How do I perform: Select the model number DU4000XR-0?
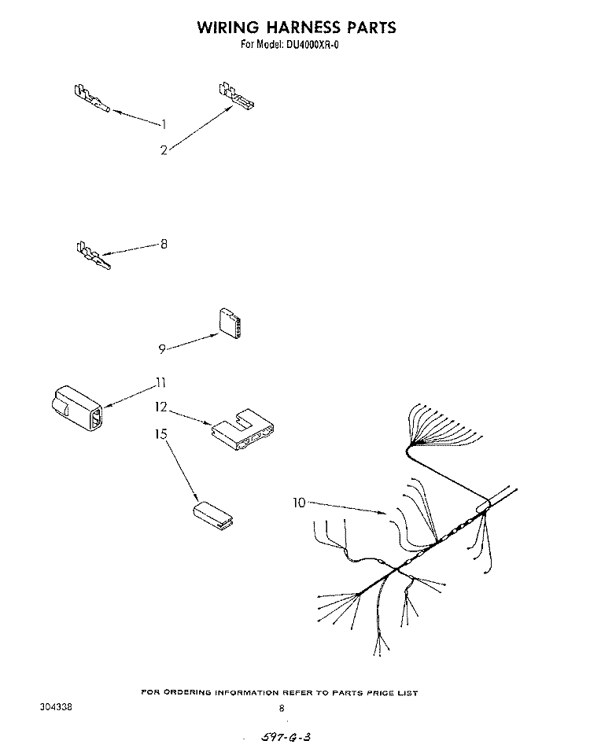[312, 46]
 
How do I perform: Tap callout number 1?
[164, 124]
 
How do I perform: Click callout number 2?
[164, 150]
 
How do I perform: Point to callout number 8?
[164, 245]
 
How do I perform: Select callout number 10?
[299, 503]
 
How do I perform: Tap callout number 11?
[160, 382]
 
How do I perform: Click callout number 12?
[161, 407]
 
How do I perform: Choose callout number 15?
[161, 434]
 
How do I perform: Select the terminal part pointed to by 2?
[237, 94]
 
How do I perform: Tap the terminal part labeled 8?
[94, 256]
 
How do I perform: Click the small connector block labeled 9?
[230, 323]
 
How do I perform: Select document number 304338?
[56, 707]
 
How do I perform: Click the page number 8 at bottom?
[282, 709]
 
